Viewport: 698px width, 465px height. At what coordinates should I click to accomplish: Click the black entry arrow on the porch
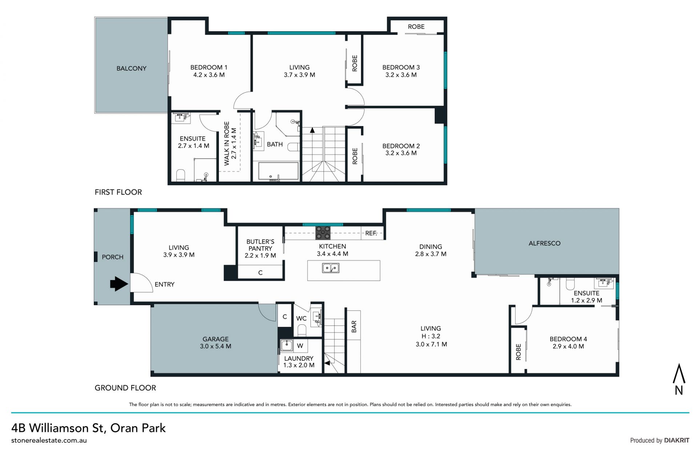point(119,284)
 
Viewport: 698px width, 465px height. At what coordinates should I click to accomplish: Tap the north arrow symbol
point(679,379)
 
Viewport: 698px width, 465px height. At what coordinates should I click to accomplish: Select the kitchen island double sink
point(331,268)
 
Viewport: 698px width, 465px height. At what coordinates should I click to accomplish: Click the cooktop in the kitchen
point(323,233)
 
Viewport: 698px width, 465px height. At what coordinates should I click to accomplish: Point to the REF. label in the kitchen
point(371,233)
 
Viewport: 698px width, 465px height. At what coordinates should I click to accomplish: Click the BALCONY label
point(131,68)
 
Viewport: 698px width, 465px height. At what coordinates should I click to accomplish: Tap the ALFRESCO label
point(544,243)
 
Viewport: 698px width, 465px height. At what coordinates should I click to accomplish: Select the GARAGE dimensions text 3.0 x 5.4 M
point(216,346)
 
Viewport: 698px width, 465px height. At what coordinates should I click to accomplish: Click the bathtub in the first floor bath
point(278,171)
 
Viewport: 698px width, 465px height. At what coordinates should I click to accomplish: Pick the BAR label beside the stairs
point(354,326)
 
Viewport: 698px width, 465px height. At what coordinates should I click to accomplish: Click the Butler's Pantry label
point(260,245)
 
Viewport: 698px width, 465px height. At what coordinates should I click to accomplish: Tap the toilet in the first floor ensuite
point(181,175)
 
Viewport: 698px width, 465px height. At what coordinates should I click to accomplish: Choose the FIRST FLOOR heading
point(118,192)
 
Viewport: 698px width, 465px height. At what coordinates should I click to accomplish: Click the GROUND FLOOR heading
point(125,388)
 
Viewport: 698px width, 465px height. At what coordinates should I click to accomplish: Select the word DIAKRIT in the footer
point(677,440)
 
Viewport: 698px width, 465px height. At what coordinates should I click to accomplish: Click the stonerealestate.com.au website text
point(49,440)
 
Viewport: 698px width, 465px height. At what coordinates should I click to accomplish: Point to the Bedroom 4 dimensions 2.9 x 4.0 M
point(568,346)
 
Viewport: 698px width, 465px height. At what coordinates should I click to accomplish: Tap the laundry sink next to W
point(287,345)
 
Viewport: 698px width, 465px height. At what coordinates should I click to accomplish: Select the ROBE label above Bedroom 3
point(416,27)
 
